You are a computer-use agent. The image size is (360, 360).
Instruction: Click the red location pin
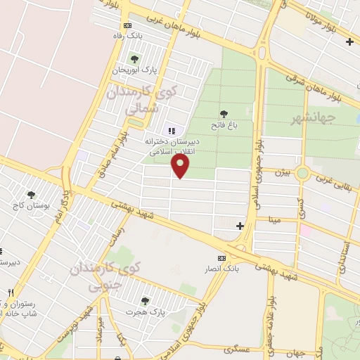pos(181,167)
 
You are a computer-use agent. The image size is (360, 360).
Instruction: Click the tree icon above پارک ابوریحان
pos(134,58)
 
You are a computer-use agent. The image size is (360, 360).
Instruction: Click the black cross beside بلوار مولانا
pos(349,41)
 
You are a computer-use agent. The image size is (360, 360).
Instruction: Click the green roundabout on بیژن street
pos(302,172)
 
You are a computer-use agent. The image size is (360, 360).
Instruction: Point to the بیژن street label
pos(281,171)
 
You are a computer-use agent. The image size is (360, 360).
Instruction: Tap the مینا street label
pos(274,219)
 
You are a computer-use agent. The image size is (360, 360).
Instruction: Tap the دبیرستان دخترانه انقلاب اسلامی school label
pos(172,146)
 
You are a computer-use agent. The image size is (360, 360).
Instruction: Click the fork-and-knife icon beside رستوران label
pos(10,292)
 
